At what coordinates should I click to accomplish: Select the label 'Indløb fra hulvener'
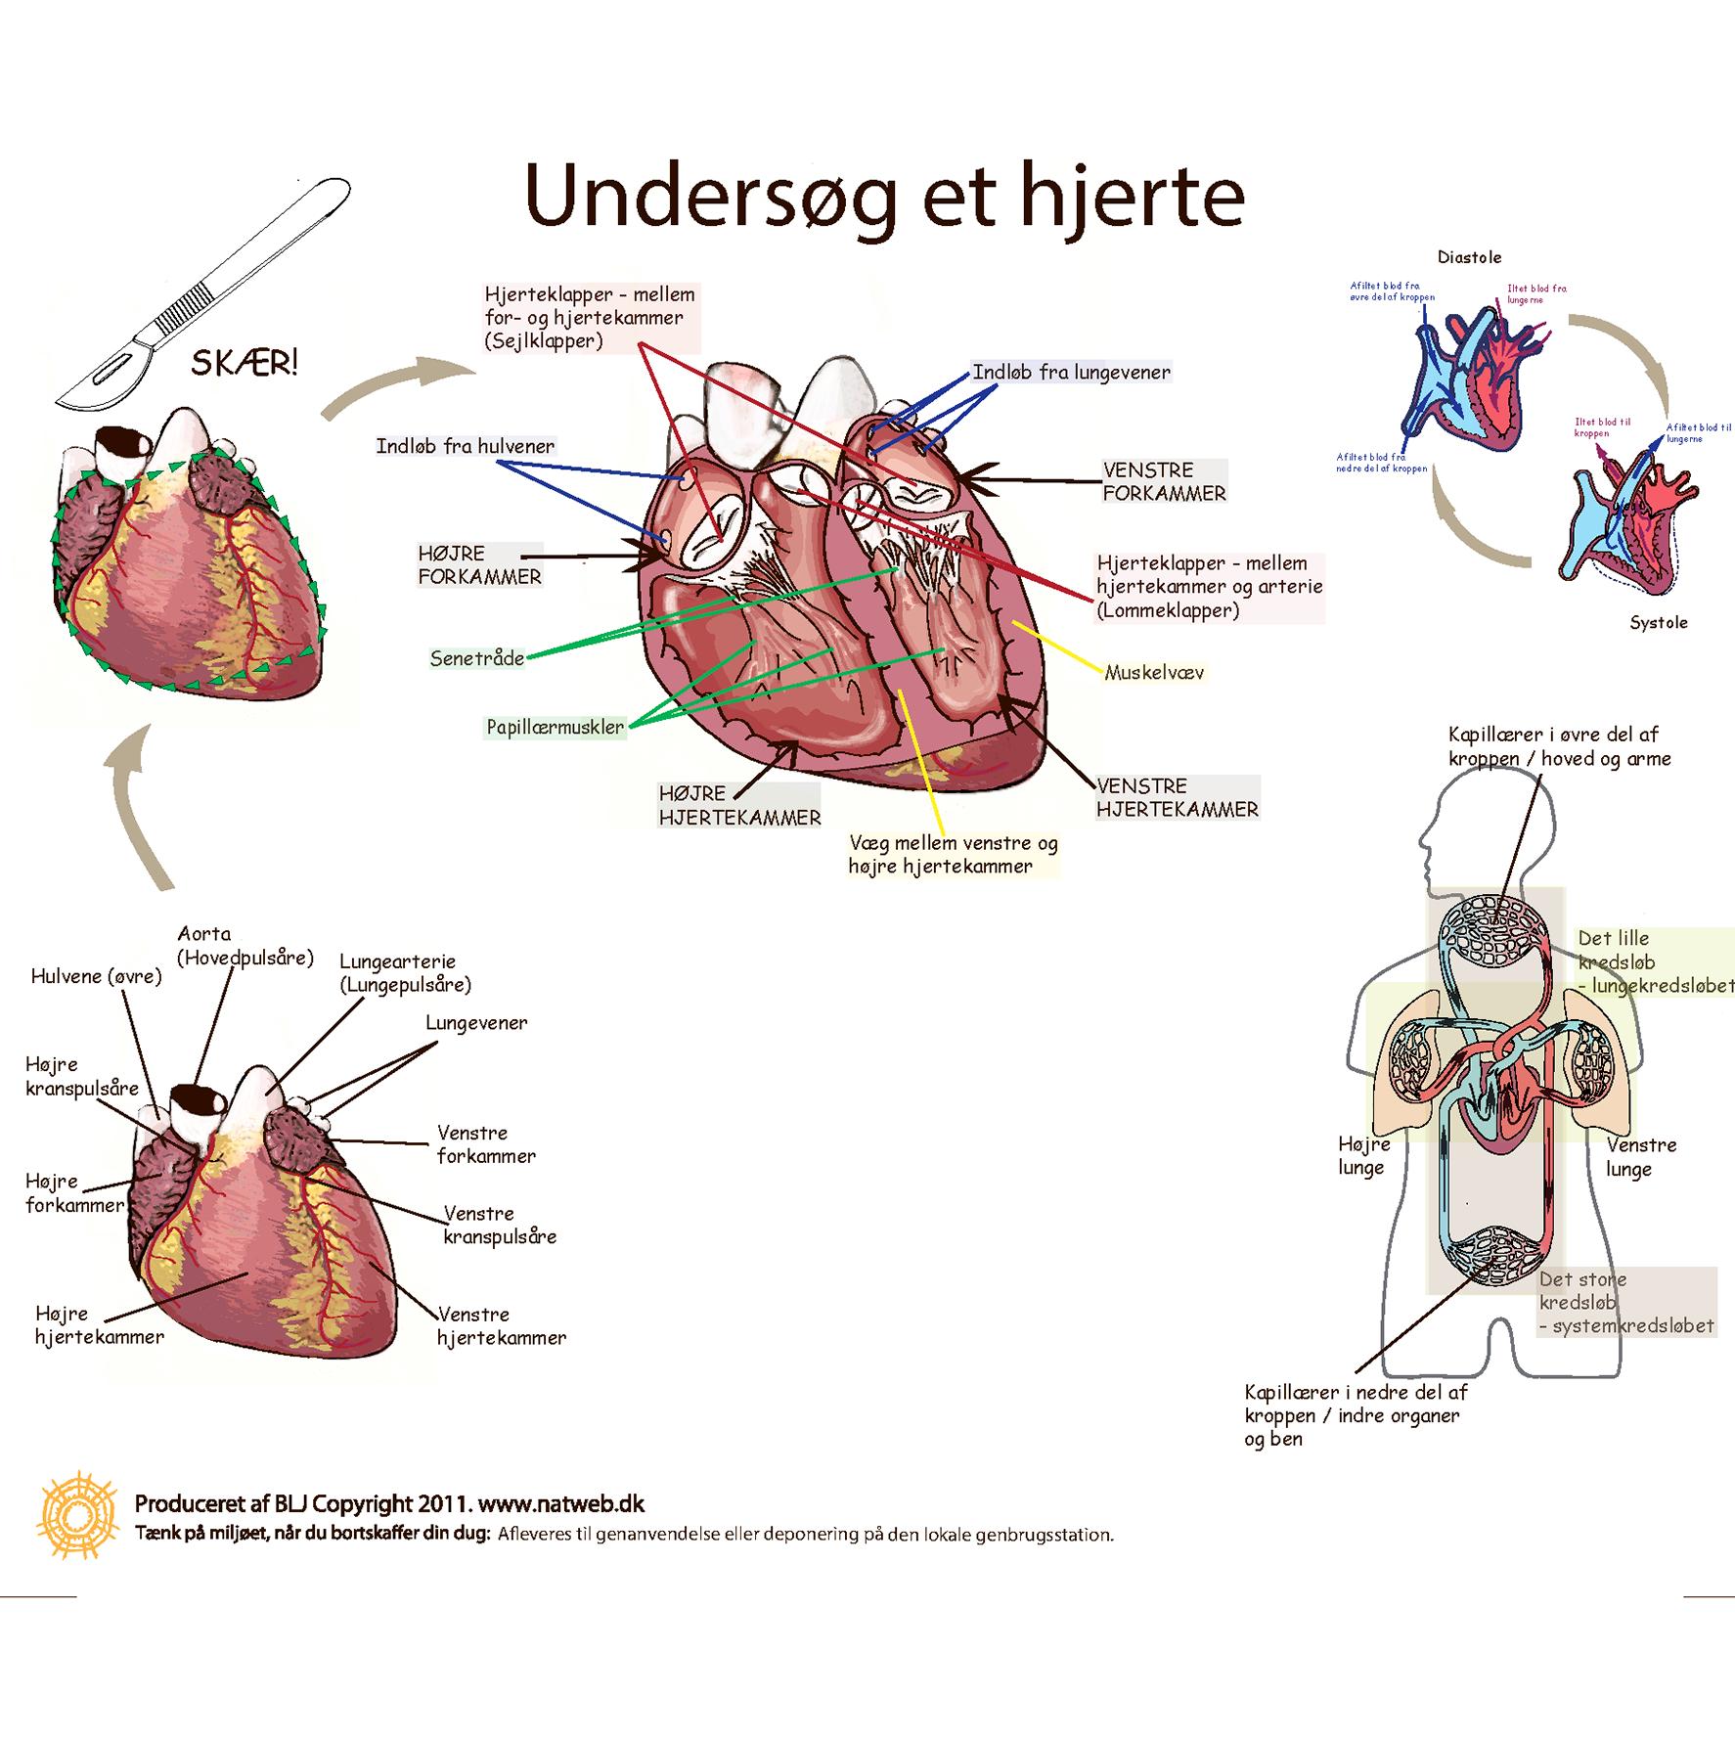click(466, 447)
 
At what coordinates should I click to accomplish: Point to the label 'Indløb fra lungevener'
click(1071, 373)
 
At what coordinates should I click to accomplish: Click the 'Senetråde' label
click(477, 659)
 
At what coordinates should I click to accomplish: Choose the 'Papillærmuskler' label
click(555, 728)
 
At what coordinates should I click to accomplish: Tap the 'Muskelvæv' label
click(1154, 673)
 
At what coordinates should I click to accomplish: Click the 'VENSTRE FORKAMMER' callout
click(1164, 482)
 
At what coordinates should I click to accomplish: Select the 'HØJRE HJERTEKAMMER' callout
click(739, 806)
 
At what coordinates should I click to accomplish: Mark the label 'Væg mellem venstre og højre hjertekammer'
click(953, 855)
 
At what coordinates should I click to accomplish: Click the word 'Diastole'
click(1469, 258)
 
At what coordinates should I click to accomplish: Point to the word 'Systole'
click(1659, 623)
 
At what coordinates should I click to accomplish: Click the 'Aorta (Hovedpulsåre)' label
click(245, 946)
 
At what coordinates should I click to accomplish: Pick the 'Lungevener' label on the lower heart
click(476, 1023)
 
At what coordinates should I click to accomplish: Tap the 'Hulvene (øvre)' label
click(96, 976)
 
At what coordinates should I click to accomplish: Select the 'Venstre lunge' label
click(1641, 1157)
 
